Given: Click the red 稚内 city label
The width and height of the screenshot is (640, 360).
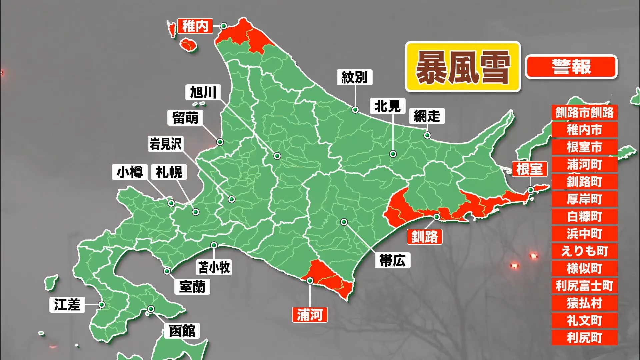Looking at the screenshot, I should tap(195, 26).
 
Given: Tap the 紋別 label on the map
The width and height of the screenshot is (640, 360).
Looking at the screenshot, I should tap(354, 77).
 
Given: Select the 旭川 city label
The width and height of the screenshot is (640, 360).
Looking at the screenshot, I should tap(203, 92).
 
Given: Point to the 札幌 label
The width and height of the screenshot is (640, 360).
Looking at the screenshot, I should tap(169, 172).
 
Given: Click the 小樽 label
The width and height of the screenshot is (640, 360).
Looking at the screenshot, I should tap(130, 172).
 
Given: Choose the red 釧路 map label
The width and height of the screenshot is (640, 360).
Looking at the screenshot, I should tap(424, 237).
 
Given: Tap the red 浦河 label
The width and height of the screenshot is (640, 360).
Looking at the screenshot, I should tap(310, 315).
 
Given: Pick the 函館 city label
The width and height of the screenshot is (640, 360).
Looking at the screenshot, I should tap(182, 331).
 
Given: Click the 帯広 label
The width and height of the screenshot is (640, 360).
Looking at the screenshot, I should tap(393, 260).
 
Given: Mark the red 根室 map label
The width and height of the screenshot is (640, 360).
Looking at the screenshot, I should tap(529, 169).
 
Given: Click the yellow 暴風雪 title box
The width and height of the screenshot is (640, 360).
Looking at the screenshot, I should tap(463, 67).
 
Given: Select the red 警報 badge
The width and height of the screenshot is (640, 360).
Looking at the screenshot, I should tap(571, 67).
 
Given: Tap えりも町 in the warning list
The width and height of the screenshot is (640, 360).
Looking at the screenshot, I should tap(584, 251).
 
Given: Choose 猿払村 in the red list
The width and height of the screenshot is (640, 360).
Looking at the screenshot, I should tap(584, 303).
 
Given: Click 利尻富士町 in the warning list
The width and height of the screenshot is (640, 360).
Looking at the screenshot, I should tap(584, 286).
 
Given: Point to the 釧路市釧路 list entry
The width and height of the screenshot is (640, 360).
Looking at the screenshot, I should tap(584, 113).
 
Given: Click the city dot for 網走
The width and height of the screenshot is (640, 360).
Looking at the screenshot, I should tap(427, 135).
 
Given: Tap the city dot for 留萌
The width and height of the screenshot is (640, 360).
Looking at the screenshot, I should tap(220, 142).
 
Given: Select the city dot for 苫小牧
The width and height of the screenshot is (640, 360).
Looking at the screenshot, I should tap(214, 246).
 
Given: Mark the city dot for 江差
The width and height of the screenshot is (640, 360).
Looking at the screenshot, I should tap(102, 305).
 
